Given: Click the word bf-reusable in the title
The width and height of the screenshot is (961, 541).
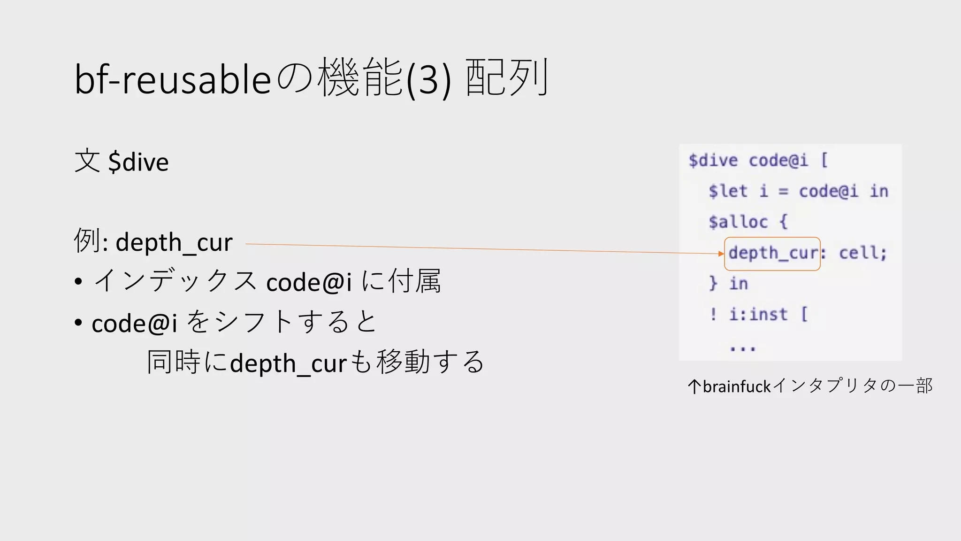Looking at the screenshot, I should [173, 79].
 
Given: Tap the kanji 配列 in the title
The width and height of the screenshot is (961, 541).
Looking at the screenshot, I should [507, 77].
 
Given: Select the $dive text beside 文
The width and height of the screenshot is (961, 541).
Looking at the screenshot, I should [138, 162].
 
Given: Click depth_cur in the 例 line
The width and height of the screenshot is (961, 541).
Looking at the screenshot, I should [174, 243].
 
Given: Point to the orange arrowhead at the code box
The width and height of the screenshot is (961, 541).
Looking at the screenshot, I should [721, 254].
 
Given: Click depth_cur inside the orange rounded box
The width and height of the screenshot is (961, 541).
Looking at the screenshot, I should [772, 253].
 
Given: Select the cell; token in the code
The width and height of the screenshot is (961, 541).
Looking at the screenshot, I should [863, 253].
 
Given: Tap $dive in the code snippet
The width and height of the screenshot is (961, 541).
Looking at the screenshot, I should [713, 161].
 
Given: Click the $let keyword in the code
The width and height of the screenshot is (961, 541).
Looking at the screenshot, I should [728, 191].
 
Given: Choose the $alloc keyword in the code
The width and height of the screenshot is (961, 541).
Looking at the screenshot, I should [738, 222].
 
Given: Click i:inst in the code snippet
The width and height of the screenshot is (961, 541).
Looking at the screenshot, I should [758, 314].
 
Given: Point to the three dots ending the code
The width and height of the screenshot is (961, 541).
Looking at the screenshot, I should [742, 348].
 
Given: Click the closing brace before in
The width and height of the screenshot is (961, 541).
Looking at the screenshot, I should [713, 283].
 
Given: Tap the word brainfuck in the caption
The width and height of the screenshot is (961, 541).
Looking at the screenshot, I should [737, 386].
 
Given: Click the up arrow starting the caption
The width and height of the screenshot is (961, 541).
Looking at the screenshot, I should [694, 386].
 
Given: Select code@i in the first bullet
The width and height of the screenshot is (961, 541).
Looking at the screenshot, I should [309, 283].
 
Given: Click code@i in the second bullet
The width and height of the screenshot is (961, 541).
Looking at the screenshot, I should [134, 324].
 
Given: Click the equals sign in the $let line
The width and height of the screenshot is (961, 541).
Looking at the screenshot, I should [783, 192].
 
